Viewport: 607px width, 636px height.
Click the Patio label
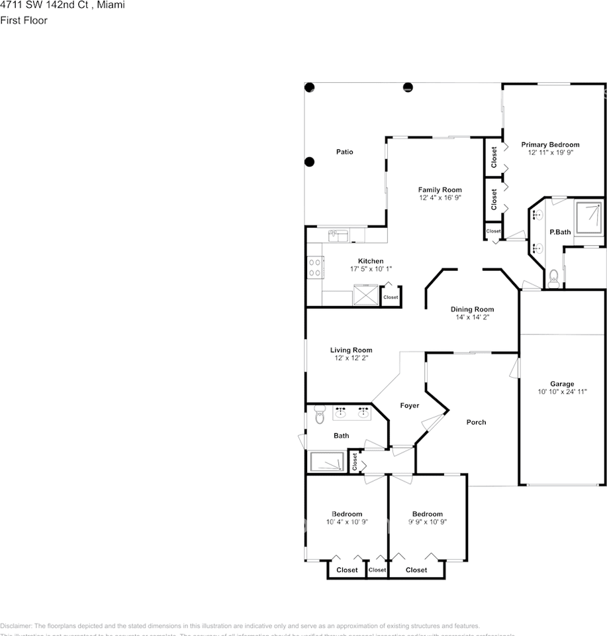[x=344, y=152]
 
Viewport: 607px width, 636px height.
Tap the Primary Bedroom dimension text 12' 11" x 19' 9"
[x=550, y=152]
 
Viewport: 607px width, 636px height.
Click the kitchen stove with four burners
[x=314, y=267]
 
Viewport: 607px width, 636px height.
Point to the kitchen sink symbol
[x=338, y=235]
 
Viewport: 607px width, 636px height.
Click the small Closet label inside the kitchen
[x=391, y=297]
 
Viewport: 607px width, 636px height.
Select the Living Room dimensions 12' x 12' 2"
[x=351, y=358]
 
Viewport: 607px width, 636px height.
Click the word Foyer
[x=409, y=405]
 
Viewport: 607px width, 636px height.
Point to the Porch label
[x=476, y=422]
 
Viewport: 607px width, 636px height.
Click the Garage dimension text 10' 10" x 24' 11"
[x=562, y=392]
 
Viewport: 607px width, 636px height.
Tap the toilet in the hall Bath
[x=320, y=414]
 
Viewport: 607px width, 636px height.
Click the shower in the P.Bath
[x=588, y=219]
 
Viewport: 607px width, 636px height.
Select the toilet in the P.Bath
[x=554, y=277]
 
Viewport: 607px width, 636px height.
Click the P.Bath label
[x=560, y=232]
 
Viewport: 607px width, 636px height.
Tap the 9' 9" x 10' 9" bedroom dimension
[x=427, y=522]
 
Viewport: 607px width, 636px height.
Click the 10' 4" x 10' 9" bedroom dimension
[x=347, y=522]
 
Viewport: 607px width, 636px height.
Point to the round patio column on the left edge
[x=309, y=162]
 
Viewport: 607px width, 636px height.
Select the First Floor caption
[x=24, y=21]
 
